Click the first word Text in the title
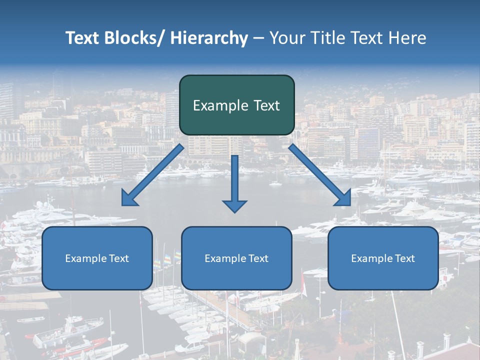point(83,38)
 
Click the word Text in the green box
point(266,105)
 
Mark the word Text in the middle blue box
point(259,258)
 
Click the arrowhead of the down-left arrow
point(129,198)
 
